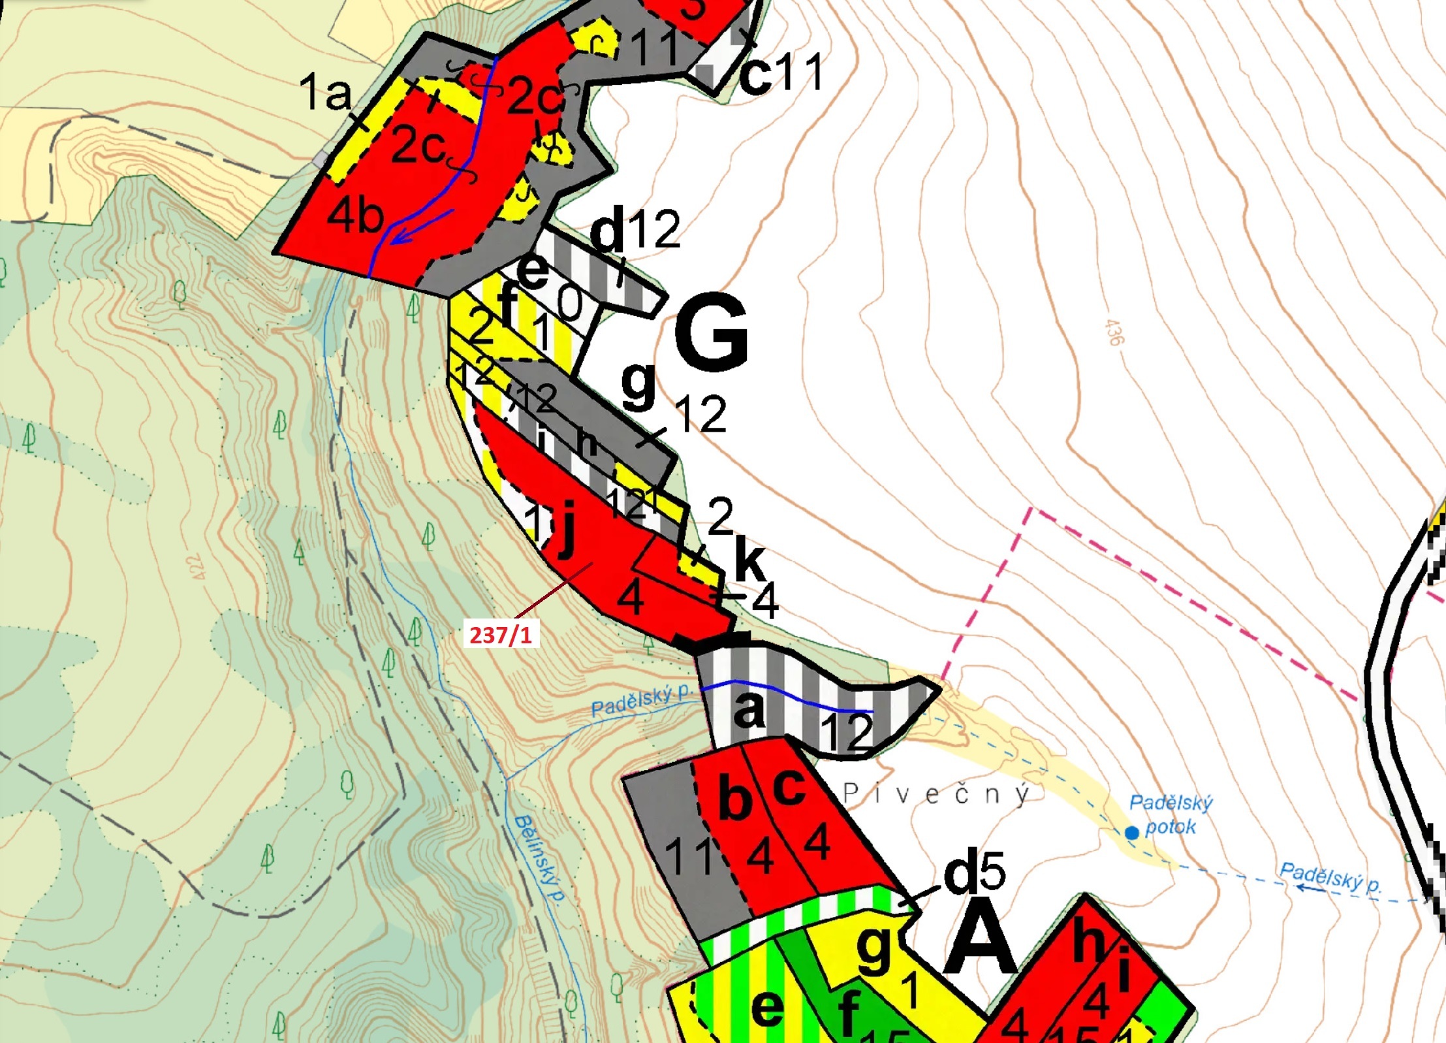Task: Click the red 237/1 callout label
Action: pyautogui.click(x=501, y=634)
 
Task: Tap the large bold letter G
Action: pyautogui.click(x=712, y=332)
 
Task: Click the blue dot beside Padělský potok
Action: pyautogui.click(x=1132, y=833)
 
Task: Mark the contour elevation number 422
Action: pyautogui.click(x=196, y=566)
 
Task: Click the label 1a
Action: pyautogui.click(x=324, y=92)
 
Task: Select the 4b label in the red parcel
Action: pyautogui.click(x=354, y=216)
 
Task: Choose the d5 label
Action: pyautogui.click(x=974, y=871)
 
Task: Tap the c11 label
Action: pyautogui.click(x=781, y=73)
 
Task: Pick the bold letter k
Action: pyautogui.click(x=749, y=558)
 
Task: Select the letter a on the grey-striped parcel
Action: pyautogui.click(x=748, y=709)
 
